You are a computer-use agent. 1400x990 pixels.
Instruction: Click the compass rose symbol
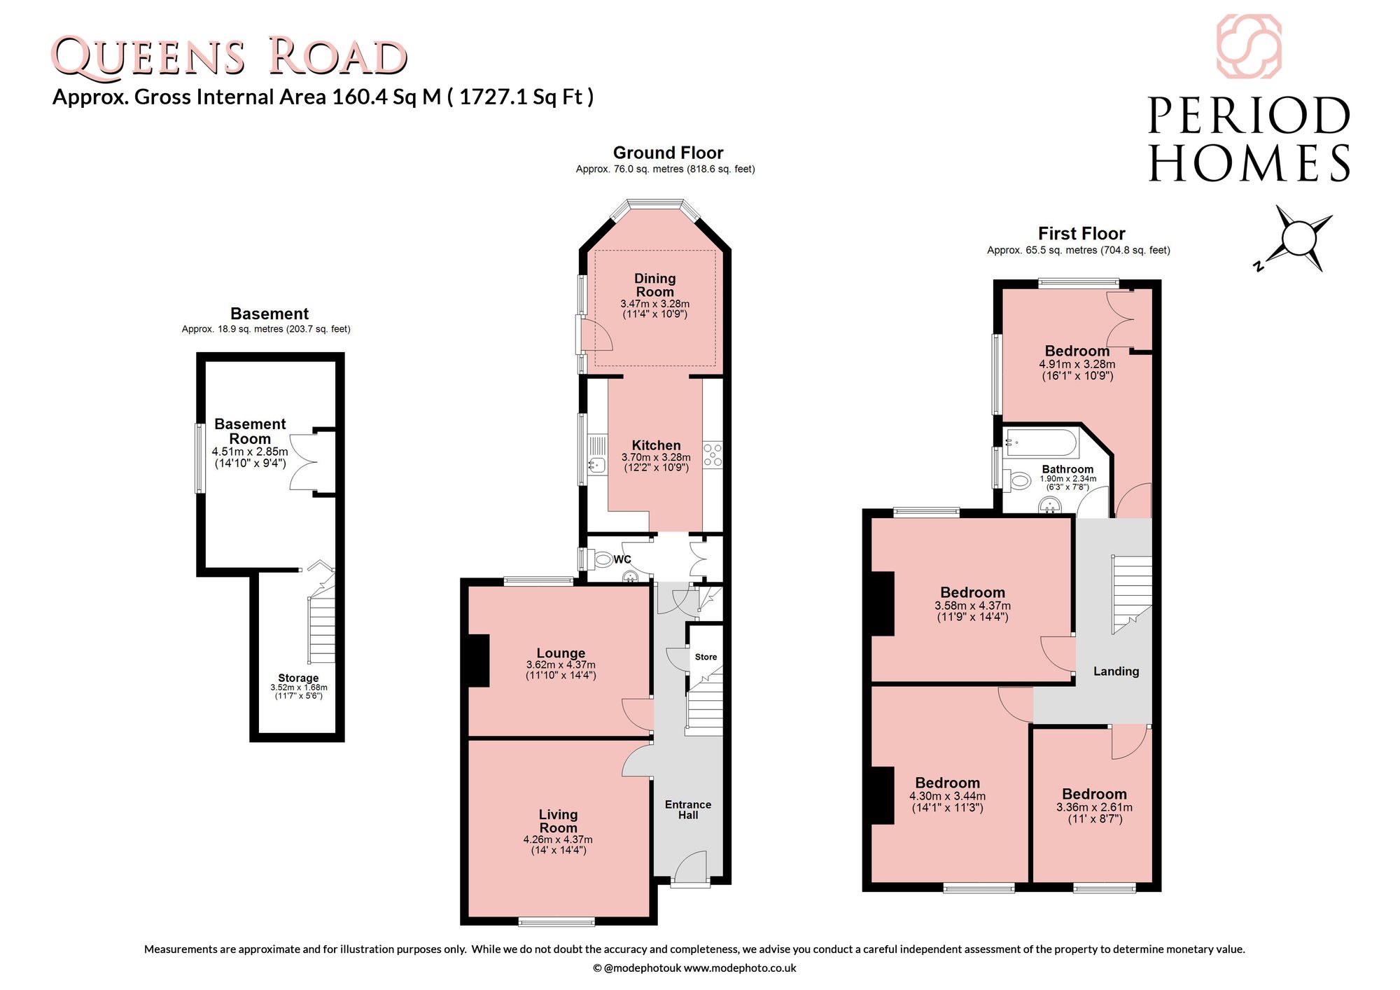coord(1298,239)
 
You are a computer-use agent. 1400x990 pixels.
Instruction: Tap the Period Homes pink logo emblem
coord(1249,46)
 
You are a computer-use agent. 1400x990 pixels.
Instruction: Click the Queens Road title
coord(229,56)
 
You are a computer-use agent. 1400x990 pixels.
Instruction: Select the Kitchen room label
coord(656,445)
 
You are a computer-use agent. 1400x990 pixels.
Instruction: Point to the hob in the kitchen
coord(713,454)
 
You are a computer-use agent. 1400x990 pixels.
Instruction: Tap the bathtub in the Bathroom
coord(1038,443)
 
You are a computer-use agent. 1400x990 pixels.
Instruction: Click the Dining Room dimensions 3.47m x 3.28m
coord(655,304)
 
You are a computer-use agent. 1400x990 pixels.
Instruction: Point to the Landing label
coord(1116,671)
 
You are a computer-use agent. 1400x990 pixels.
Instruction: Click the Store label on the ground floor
coord(706,657)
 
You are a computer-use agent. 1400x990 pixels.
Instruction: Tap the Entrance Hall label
coord(688,810)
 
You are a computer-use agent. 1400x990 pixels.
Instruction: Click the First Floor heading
coord(1081,233)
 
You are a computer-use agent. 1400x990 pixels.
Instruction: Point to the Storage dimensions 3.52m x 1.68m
coord(299,688)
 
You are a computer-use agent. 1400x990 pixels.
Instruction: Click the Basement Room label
coord(250,431)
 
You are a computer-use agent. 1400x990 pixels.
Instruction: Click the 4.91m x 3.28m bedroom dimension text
coord(1077,364)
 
